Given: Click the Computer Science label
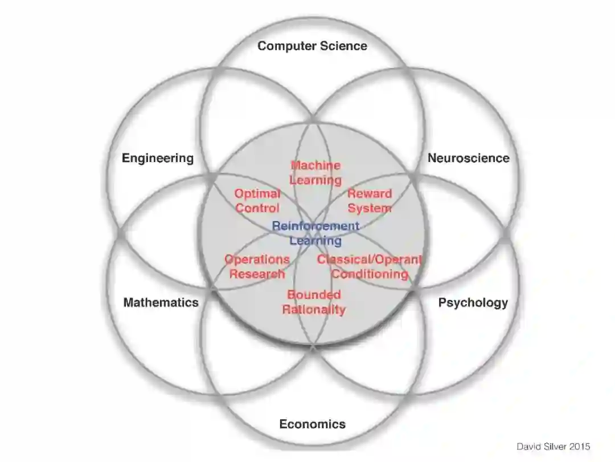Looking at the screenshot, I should tap(312, 46).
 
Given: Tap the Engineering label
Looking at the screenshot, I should tap(158, 158).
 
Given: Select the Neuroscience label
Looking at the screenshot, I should tap(468, 158).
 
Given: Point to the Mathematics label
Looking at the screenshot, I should tap(161, 302).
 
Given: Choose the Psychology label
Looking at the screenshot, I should tap(473, 302).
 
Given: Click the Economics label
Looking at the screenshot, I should tap(312, 424).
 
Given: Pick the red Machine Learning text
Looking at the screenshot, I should tap(315, 173).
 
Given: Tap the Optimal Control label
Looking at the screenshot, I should tap(257, 201).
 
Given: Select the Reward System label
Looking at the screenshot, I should tap(370, 201).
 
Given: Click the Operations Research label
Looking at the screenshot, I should tap(257, 266).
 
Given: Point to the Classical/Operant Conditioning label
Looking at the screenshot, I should tap(370, 266).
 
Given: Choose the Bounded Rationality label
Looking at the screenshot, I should tap(314, 302).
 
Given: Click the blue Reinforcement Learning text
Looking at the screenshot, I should tap(315, 233).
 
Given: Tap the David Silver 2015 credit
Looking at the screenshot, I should tap(553, 447).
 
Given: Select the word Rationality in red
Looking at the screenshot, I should tap(314, 310).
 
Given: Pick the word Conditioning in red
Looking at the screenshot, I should tap(370, 274).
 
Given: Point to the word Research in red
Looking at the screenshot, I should tap(257, 274).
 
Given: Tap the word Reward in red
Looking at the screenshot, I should tap(370, 194).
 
